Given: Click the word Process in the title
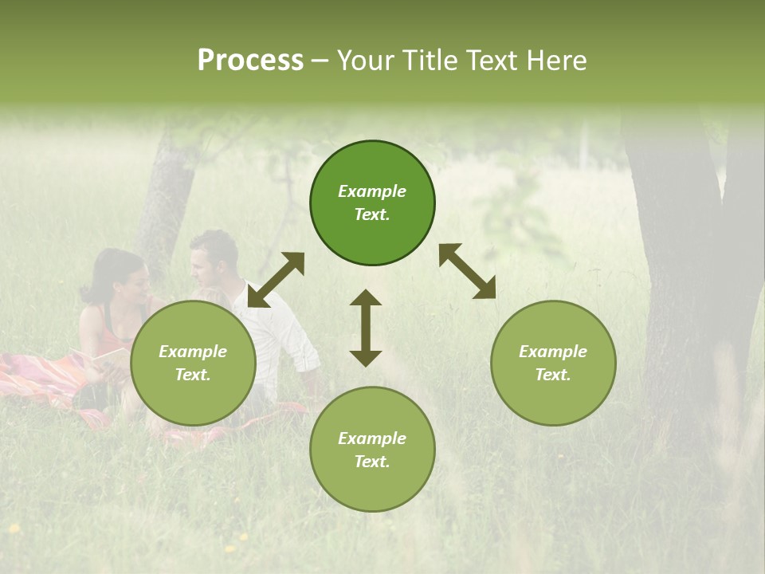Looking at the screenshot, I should pyautogui.click(x=250, y=61).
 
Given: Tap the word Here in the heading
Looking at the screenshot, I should pyautogui.click(x=555, y=61).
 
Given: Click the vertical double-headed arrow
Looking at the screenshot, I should pyautogui.click(x=366, y=328).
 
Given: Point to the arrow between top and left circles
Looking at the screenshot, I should pyautogui.click(x=276, y=280).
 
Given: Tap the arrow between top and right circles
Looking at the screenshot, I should pyautogui.click(x=468, y=271).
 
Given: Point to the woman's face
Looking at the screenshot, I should pyautogui.click(x=137, y=282).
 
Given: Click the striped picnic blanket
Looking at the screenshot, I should pyautogui.click(x=48, y=379).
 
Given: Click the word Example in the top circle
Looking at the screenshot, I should pyautogui.click(x=372, y=191).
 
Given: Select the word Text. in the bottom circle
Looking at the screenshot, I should pyautogui.click(x=372, y=462).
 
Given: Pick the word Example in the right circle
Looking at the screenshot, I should pyautogui.click(x=553, y=352).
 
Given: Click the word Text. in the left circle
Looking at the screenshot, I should pyautogui.click(x=193, y=375).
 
